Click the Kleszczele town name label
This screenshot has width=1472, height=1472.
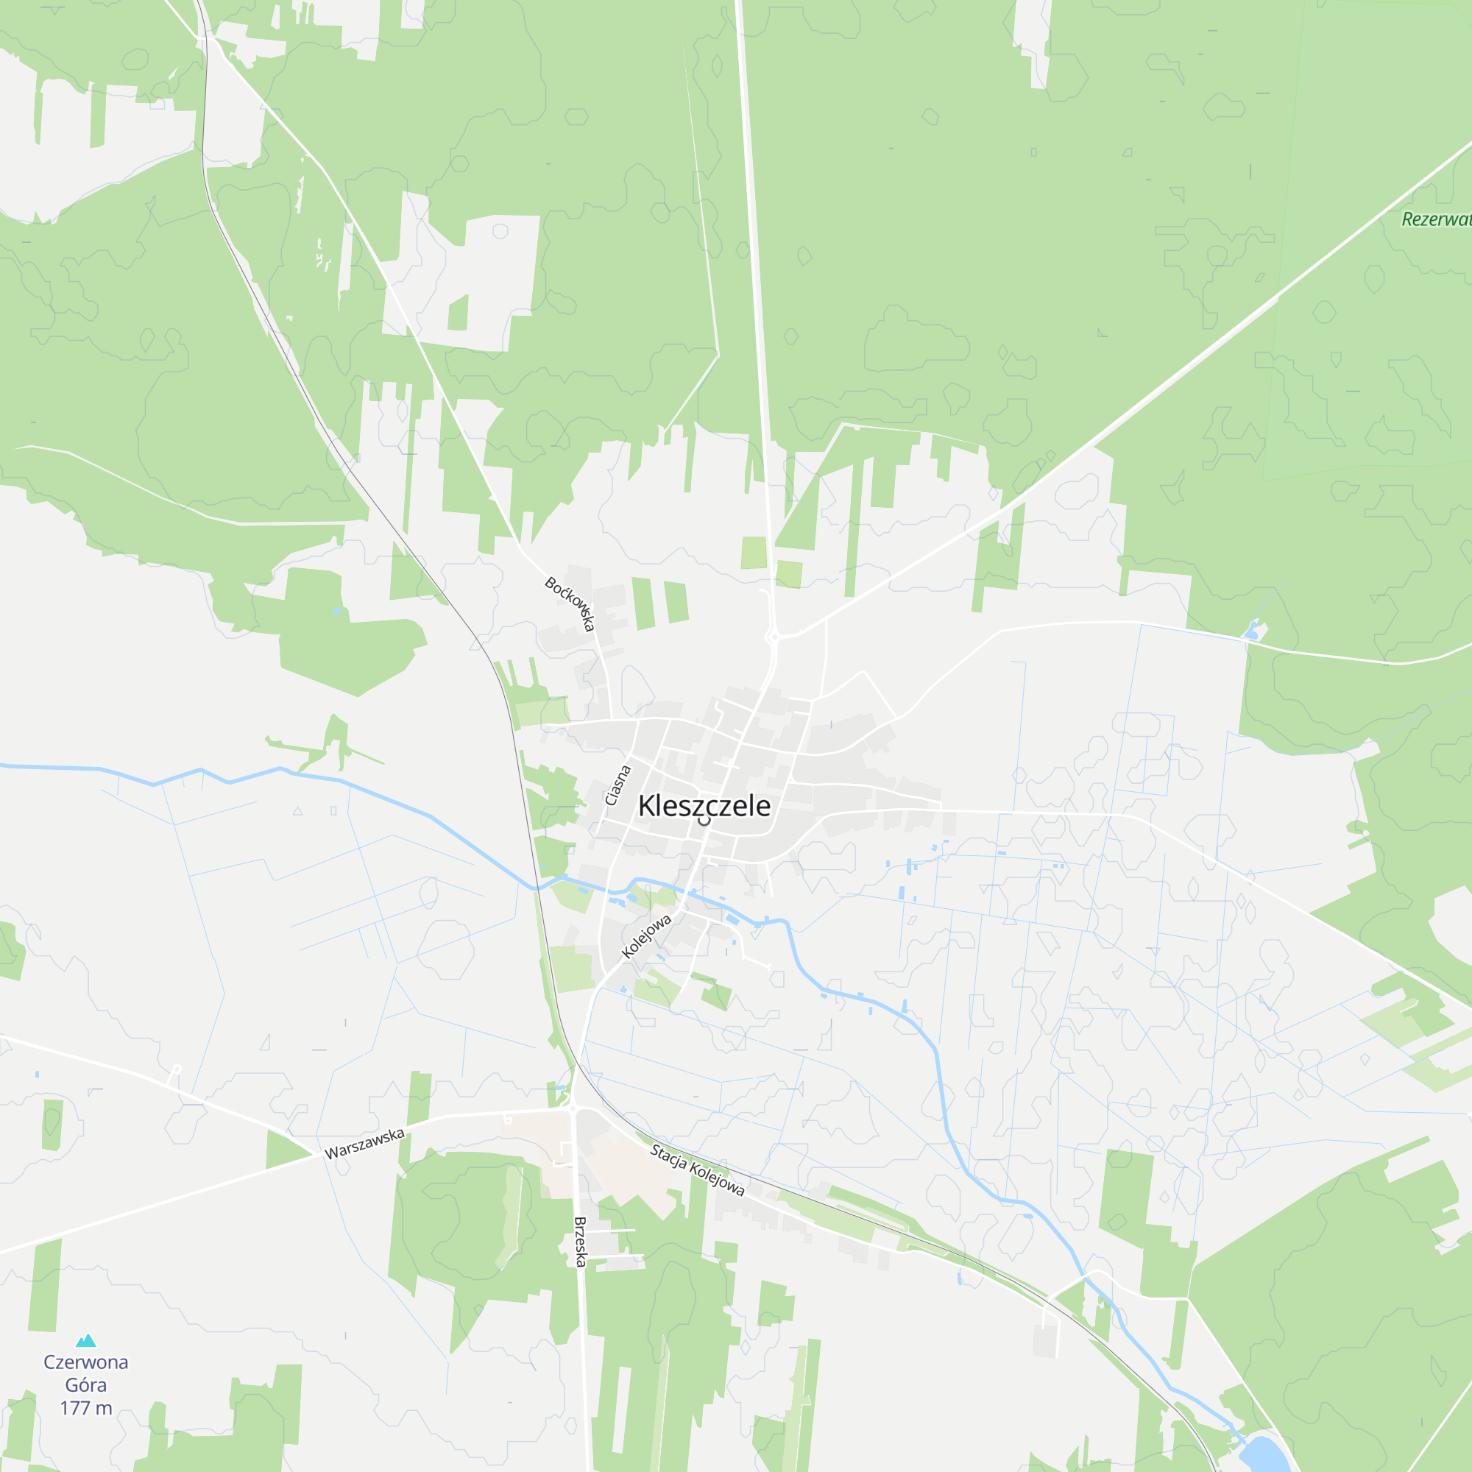tap(704, 805)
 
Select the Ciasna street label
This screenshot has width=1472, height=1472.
tap(618, 785)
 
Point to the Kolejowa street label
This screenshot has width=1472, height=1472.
tap(646, 936)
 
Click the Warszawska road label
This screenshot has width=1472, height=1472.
tap(364, 1144)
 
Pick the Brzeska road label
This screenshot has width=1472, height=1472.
tap(581, 1242)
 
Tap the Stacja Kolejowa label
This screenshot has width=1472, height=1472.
tap(697, 1170)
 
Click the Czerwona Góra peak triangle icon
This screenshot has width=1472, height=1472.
tap(86, 1341)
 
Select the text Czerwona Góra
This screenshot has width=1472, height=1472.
tap(86, 1373)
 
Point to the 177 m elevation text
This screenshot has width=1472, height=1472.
tap(86, 1407)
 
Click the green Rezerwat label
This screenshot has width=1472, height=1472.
tap(1436, 219)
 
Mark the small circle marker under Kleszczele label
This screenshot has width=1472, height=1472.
tap(705, 821)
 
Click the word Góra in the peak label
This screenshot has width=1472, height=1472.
tap(86, 1385)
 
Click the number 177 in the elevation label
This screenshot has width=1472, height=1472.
tap(74, 1407)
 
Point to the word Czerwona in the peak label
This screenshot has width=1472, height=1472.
tap(86, 1362)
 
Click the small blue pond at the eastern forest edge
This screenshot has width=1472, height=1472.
tap(1251, 630)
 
